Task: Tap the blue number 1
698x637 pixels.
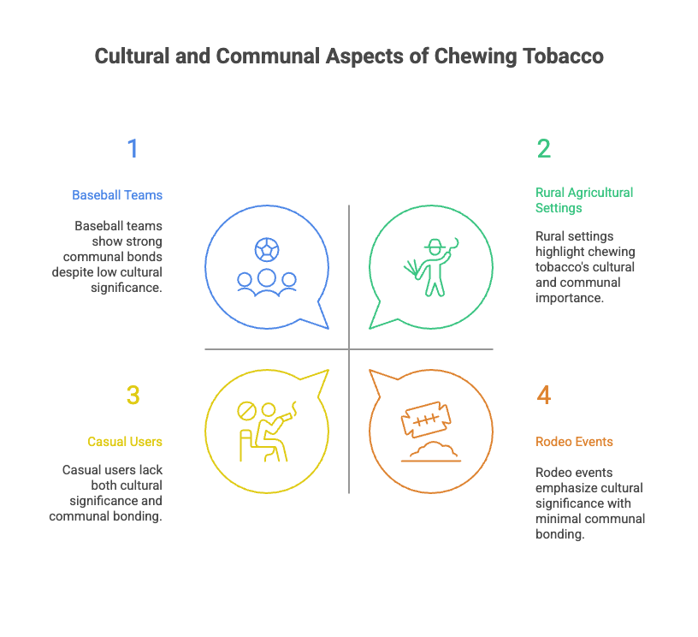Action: [133, 149]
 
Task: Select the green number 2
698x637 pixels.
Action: [544, 149]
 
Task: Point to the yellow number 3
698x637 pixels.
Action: [133, 396]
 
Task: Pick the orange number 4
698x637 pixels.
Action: [544, 396]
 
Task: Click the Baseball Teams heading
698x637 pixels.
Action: [117, 195]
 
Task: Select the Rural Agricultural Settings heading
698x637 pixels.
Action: [584, 200]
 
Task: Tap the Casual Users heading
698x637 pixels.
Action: [125, 442]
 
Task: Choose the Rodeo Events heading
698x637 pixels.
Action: [574, 442]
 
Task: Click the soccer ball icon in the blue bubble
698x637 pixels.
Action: [266, 249]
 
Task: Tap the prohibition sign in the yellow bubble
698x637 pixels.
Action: [246, 412]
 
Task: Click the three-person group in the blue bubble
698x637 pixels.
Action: [267, 281]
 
